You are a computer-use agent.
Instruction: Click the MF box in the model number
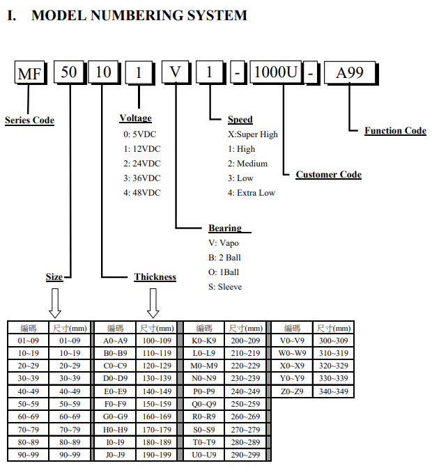click(x=29, y=72)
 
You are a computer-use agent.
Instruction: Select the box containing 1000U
click(x=276, y=72)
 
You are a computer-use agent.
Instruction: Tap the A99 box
click(x=350, y=72)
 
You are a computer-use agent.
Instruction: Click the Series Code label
click(x=29, y=120)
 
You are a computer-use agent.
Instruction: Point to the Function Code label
click(x=395, y=130)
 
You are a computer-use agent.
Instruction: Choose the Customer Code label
click(x=329, y=174)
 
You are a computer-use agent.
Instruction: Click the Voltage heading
click(x=136, y=118)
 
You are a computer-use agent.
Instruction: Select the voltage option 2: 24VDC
click(x=142, y=164)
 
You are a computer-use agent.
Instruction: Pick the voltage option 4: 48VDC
click(x=142, y=193)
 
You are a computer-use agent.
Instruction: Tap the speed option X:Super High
click(x=253, y=134)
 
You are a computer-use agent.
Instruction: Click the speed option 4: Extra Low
click(x=252, y=193)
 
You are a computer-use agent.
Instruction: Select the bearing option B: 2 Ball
click(x=224, y=258)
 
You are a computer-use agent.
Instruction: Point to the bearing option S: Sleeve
click(x=225, y=287)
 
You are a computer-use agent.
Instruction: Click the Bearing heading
click(x=225, y=228)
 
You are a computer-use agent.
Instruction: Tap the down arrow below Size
click(x=55, y=303)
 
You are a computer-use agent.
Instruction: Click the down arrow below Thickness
click(x=153, y=303)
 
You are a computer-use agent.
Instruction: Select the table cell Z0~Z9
click(x=292, y=391)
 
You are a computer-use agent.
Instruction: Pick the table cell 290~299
click(x=245, y=455)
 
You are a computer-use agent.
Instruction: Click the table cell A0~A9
click(x=115, y=341)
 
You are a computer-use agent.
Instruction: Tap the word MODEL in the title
click(x=59, y=15)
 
